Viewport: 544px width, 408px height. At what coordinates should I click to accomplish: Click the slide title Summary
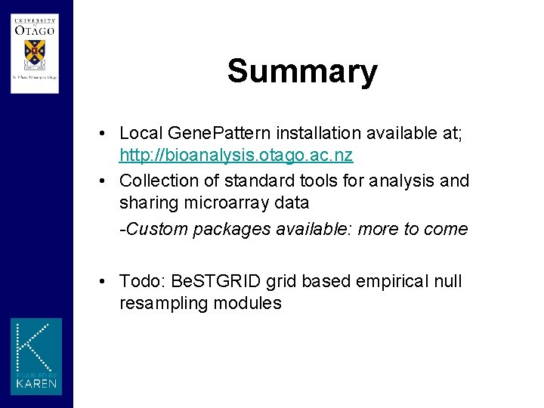[x=301, y=71]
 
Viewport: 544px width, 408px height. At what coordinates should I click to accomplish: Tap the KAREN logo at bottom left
[x=36, y=357]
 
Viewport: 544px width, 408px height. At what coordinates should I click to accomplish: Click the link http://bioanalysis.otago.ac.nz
[x=236, y=156]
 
